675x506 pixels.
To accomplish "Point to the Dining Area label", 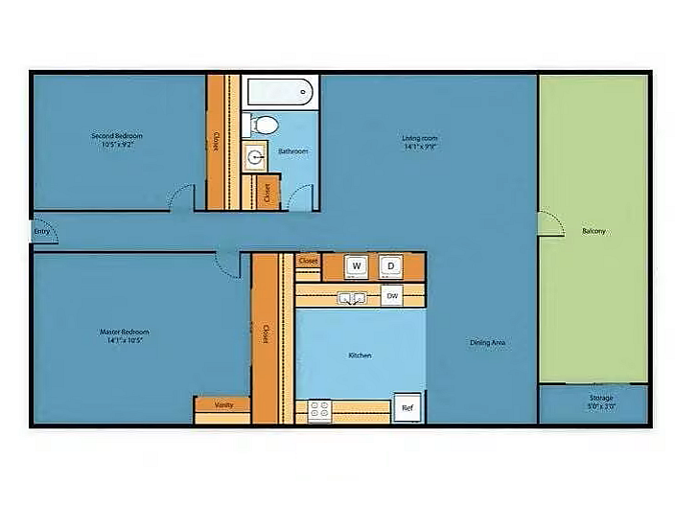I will [488, 342].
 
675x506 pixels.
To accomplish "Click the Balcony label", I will [594, 231].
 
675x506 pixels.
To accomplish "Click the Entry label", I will [41, 231].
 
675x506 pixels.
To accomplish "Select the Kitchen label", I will [360, 356].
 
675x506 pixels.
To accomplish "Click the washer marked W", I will [357, 265].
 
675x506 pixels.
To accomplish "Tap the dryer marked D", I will [390, 265].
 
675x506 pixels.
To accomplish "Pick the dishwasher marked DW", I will [391, 296].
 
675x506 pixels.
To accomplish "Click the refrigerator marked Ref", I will [407, 408].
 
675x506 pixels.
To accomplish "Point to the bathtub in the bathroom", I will [280, 92].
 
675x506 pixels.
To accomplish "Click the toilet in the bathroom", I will [262, 125].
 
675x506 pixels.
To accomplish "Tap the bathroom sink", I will [255, 157].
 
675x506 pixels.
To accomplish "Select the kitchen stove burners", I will [319, 411].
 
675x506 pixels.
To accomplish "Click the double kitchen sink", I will [352, 298].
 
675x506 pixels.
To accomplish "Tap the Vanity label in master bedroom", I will [223, 404].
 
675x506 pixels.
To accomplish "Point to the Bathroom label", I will [293, 151].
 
